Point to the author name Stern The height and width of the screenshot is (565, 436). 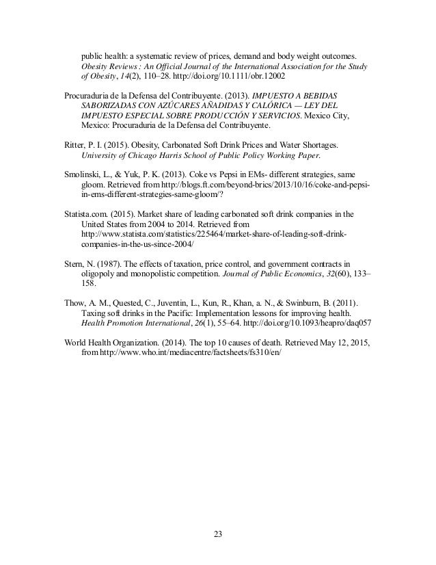point(75,263)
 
